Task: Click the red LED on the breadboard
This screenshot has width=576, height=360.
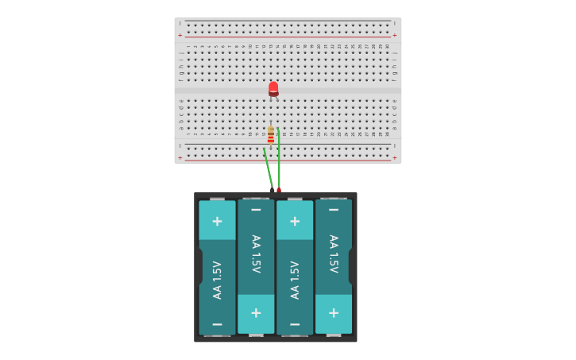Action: click(273, 88)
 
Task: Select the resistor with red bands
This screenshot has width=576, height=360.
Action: click(271, 136)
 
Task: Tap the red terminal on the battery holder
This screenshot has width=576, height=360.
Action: click(279, 190)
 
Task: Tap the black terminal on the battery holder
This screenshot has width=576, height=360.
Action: click(272, 190)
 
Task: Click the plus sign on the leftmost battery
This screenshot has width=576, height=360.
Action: click(217, 221)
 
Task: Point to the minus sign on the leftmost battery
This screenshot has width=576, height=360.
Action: click(217, 324)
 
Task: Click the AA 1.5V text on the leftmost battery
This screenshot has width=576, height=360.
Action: click(217, 280)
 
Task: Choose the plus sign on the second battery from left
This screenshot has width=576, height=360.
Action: click(256, 313)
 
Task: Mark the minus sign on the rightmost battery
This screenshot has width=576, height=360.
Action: click(334, 210)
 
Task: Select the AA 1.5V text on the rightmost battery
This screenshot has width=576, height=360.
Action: click(334, 254)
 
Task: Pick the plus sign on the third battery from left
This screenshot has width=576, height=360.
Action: click(295, 221)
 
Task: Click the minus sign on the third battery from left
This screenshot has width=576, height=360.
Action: click(295, 324)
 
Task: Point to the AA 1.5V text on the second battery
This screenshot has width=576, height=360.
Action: click(256, 254)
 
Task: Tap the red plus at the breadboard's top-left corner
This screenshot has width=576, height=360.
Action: click(180, 35)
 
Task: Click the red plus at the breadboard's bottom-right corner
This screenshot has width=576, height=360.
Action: click(395, 157)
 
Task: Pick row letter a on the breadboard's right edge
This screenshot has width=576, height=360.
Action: click(394, 127)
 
